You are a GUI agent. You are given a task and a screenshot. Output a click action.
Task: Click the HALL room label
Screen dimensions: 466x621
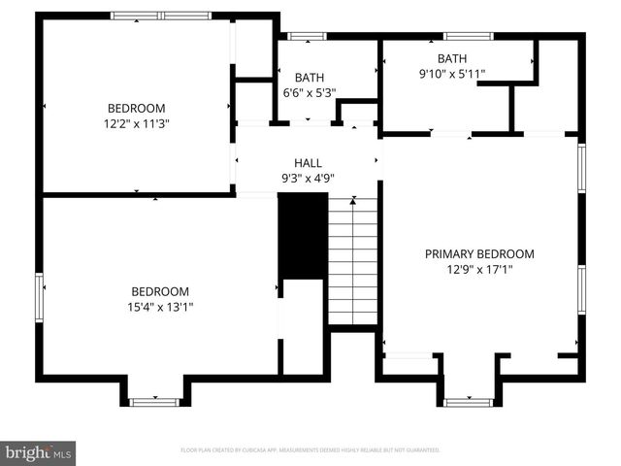(x=308, y=163)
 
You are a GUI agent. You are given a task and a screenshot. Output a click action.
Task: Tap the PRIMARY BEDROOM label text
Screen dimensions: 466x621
(x=479, y=254)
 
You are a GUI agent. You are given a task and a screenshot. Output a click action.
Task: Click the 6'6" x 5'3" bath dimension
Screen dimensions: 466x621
(x=309, y=93)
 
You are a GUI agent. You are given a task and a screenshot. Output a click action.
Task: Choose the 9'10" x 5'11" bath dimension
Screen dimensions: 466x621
(x=451, y=73)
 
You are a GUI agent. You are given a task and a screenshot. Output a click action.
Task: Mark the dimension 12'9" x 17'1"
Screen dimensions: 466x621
(x=479, y=270)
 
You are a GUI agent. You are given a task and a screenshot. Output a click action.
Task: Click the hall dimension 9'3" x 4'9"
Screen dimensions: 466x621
(x=308, y=178)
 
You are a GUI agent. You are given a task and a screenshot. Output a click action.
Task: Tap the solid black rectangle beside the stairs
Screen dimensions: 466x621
(x=303, y=237)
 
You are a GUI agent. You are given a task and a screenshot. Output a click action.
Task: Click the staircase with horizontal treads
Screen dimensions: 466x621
(x=352, y=260)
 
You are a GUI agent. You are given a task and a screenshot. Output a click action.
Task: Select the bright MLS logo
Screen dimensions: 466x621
(x=38, y=452)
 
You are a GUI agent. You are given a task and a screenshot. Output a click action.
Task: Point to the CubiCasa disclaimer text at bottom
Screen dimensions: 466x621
(x=310, y=450)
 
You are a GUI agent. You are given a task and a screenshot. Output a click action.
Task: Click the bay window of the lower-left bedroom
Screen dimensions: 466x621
(x=154, y=401)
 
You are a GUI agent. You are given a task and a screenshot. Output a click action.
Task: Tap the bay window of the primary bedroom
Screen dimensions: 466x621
(x=469, y=401)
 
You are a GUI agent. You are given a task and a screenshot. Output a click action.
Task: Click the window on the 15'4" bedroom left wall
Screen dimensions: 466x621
(x=40, y=297)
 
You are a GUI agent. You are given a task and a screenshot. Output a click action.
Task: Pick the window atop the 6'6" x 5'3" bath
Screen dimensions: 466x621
(x=308, y=37)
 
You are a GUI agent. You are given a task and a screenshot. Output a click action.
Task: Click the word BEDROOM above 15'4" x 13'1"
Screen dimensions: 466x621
(x=161, y=291)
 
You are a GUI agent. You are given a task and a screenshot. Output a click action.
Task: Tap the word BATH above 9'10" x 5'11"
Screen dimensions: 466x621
(x=451, y=58)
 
